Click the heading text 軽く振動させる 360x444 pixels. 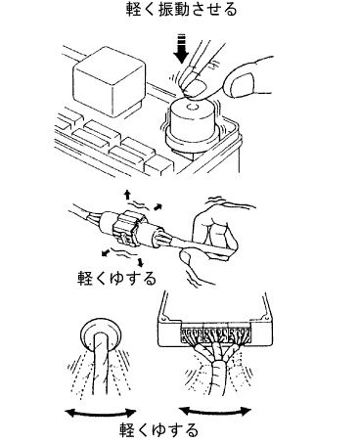(181, 10)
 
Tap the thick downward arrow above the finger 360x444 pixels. (181, 49)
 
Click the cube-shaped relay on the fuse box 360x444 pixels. (109, 84)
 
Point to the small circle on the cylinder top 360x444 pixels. (191, 108)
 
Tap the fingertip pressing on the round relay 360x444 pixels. (195, 87)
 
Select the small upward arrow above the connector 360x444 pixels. (127, 195)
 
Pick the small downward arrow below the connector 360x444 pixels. (141, 262)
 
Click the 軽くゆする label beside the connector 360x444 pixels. (116, 279)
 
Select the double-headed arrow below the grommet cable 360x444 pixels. (101, 413)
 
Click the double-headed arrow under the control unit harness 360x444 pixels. (215, 411)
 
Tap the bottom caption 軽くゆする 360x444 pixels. (158, 431)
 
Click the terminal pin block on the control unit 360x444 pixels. (215, 333)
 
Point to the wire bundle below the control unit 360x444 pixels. (215, 369)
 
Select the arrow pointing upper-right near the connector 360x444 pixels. (157, 206)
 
